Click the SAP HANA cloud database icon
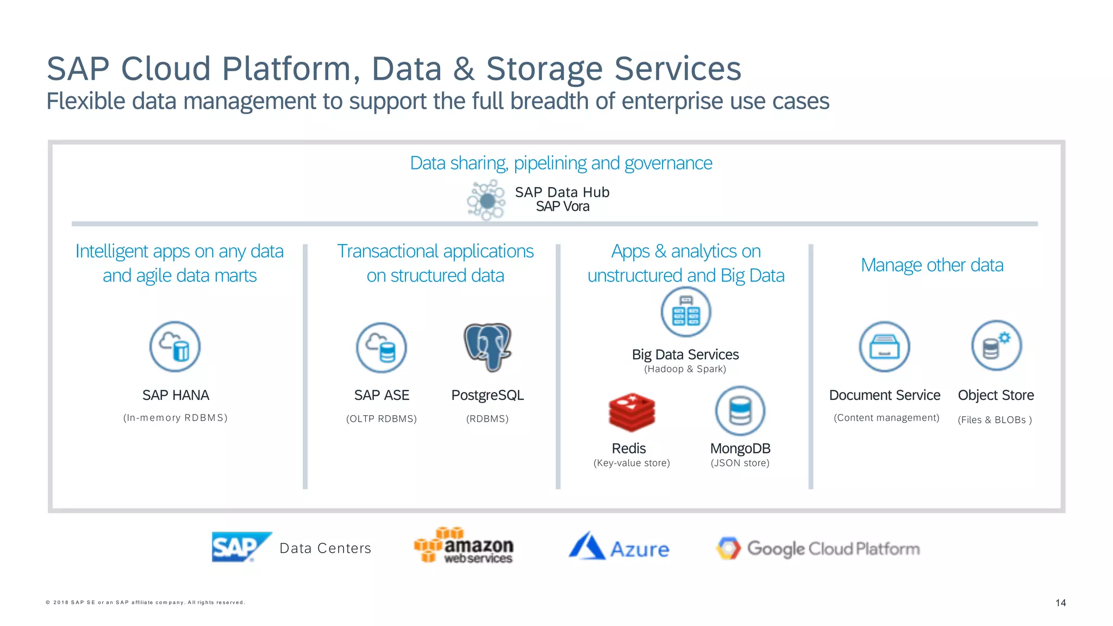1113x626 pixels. point(175,347)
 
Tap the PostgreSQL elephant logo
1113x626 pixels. point(487,347)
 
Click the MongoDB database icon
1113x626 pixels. point(740,411)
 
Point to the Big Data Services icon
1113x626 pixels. point(686,312)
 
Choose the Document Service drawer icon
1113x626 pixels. point(884,347)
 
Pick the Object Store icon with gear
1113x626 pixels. point(996,346)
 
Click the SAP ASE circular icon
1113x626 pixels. point(382,348)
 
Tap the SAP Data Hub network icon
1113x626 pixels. point(486,201)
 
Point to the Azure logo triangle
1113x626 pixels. point(586,546)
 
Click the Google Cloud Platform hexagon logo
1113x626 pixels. point(728,548)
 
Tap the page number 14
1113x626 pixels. point(1060,603)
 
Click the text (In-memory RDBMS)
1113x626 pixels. point(175,418)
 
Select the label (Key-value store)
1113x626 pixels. point(631,463)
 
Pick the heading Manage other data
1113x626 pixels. point(932,265)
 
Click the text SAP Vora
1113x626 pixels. point(562,207)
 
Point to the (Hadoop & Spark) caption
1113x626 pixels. point(685,369)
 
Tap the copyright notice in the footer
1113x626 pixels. point(145,602)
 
